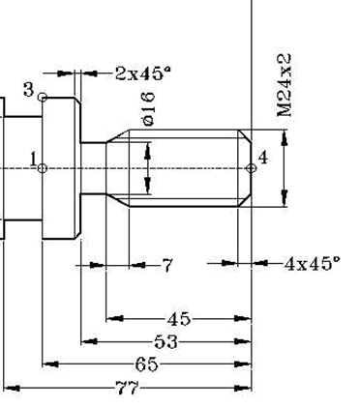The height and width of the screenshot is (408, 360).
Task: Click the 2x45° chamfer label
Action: [x=142, y=73]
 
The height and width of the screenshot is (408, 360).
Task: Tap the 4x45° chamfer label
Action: [x=312, y=262]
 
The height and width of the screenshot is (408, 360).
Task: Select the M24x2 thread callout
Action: [x=284, y=85]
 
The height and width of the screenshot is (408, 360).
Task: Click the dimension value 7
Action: [x=167, y=264]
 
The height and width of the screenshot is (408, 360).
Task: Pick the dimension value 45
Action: [x=178, y=318]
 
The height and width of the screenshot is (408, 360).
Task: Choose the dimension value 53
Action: [x=165, y=341]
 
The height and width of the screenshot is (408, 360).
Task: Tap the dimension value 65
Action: [x=146, y=364]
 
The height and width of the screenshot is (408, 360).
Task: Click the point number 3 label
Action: [x=29, y=90]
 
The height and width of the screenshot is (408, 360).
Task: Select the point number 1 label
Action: [x=33, y=158]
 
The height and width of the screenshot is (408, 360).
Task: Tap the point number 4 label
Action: [x=261, y=157]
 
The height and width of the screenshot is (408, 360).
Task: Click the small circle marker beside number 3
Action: [x=43, y=97]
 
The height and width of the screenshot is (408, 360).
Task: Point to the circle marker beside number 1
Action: [x=43, y=168]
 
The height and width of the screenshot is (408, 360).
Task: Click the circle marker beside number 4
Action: [x=252, y=168]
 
